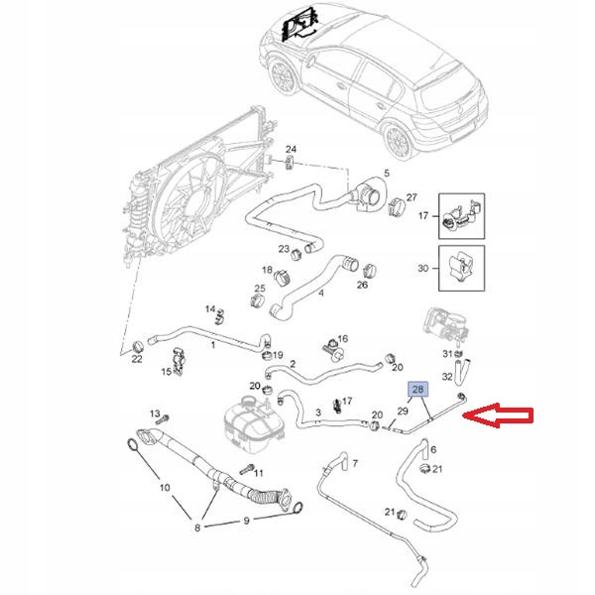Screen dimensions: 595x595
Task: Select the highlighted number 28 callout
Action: [418, 391]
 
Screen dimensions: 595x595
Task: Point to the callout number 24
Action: [291, 149]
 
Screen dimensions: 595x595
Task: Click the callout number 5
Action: [387, 174]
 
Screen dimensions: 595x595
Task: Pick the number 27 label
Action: [413, 197]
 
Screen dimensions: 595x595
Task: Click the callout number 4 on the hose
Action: [319, 293]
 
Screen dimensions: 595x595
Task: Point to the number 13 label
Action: [155, 413]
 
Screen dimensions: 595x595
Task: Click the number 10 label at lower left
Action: [167, 487]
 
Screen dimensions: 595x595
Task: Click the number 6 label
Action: [434, 448]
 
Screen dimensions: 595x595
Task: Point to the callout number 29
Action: [403, 410]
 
